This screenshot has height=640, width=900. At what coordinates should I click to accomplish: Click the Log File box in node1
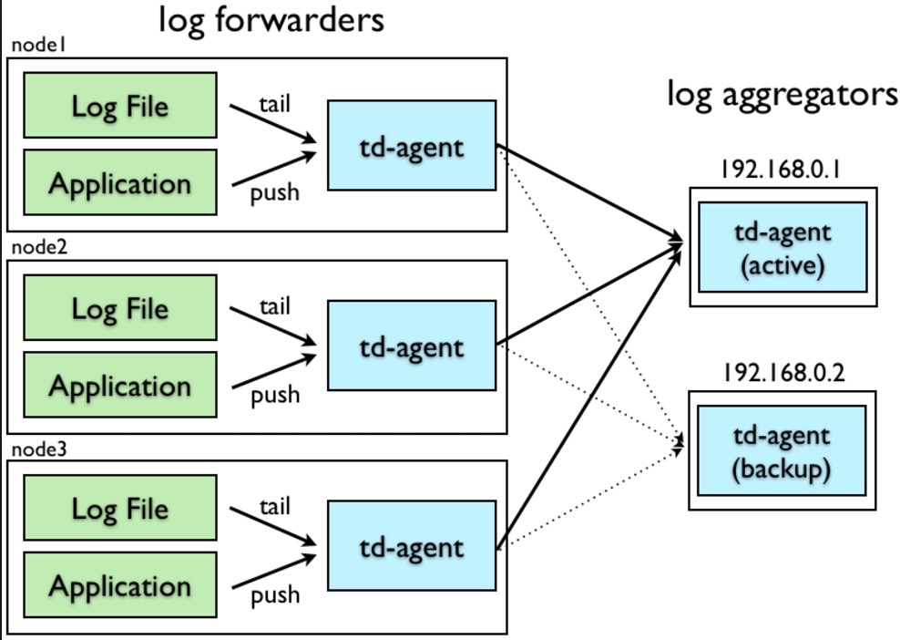[120, 105]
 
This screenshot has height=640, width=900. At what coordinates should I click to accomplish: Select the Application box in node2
[120, 385]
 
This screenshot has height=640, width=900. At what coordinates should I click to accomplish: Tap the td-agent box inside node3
[412, 546]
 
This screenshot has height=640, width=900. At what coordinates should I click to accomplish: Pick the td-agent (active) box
[782, 247]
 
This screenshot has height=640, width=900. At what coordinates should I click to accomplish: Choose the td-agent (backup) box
[782, 450]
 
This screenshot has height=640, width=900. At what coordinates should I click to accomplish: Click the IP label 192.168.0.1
[781, 170]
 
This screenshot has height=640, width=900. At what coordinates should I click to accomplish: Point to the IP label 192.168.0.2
[782, 373]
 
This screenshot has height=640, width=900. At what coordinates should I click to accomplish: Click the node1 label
[39, 45]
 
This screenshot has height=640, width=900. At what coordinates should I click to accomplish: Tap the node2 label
[39, 246]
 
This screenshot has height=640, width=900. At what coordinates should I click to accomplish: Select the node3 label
[39, 449]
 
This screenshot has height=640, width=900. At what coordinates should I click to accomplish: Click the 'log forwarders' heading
[271, 20]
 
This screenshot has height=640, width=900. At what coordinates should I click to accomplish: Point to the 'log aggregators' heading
[782, 94]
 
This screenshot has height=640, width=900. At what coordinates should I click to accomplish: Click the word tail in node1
[275, 105]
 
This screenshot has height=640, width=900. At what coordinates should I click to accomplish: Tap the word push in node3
[275, 595]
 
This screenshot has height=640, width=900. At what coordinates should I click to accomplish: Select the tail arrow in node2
[272, 325]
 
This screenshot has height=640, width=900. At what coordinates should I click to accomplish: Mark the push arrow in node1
[274, 169]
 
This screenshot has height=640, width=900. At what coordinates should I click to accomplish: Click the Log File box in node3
[120, 508]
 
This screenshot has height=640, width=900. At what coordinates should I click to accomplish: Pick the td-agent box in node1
[412, 145]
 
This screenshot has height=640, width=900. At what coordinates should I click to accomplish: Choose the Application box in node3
[120, 585]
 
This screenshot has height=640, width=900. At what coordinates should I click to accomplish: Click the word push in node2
[275, 396]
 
